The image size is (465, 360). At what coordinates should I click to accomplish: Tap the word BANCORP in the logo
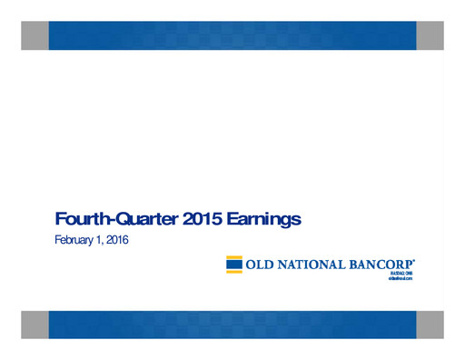(x=379, y=265)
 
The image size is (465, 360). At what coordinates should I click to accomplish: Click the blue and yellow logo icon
(x=234, y=265)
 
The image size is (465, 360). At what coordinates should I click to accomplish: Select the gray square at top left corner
(x=35, y=35)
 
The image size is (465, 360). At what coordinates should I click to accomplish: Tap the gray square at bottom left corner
(x=35, y=324)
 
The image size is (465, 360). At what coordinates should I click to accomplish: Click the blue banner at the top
(x=232, y=35)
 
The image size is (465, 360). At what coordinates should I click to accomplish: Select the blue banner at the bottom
(x=232, y=324)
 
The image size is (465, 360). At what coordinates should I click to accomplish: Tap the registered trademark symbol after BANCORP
(x=414, y=260)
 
